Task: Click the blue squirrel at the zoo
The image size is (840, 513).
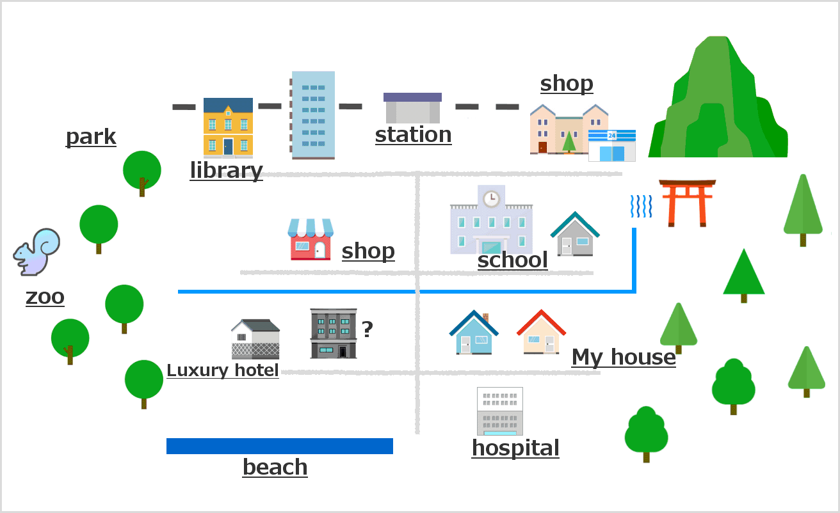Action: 36,252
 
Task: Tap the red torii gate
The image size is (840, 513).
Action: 688,203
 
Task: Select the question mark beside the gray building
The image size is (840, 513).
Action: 367,329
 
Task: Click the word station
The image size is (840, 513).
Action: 413,135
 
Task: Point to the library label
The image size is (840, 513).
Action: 227,171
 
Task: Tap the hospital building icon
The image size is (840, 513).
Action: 500,411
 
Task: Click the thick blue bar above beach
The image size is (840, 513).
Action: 280,446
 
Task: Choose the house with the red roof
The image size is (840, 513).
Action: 541,332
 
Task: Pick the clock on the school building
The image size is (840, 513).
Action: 491,198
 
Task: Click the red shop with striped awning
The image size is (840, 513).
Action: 311,239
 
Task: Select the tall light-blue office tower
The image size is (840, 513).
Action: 312,115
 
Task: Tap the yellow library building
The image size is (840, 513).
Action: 228,127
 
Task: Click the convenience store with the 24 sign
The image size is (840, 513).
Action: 612,145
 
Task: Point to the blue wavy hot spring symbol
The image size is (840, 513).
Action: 642,206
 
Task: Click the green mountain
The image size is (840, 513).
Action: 718,97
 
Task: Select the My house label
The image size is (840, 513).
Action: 624,357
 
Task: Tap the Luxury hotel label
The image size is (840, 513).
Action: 223,370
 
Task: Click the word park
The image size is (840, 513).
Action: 91,137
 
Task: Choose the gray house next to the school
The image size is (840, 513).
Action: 575,234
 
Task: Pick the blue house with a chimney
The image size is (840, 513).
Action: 474,332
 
